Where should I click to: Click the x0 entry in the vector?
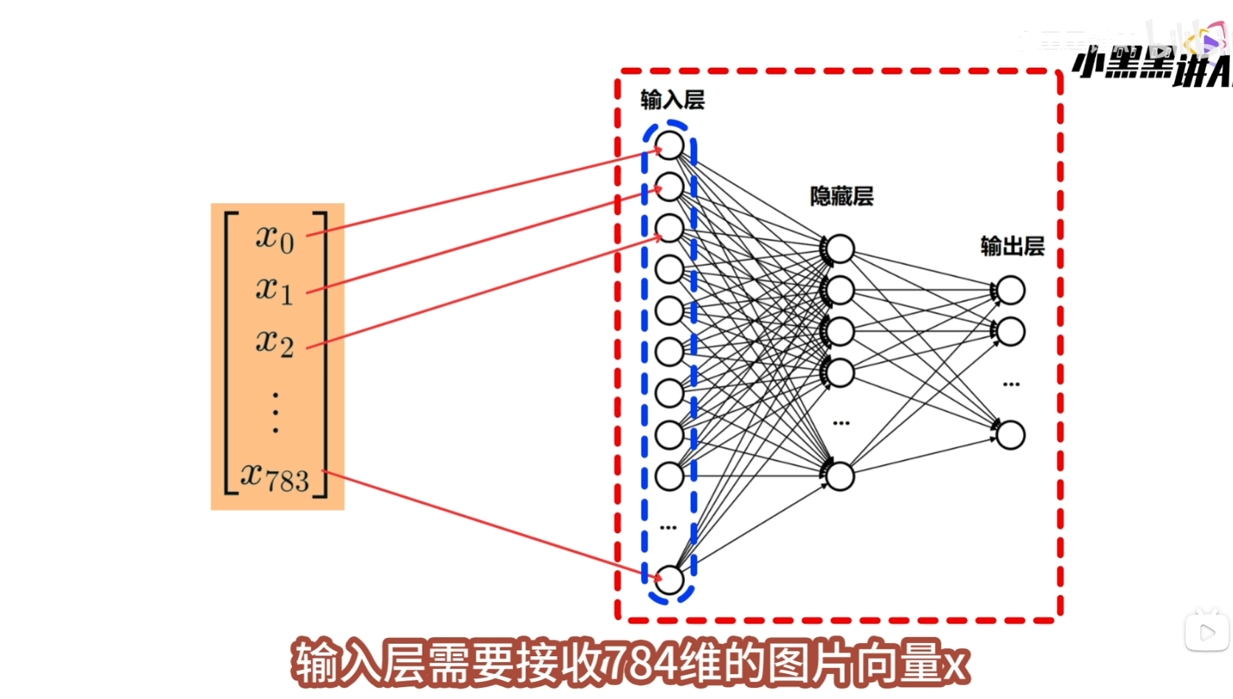click(x=275, y=238)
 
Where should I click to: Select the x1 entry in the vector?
click(x=274, y=290)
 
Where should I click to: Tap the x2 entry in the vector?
click(x=274, y=342)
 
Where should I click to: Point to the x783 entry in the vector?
click(x=275, y=478)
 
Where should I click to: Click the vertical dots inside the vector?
click(x=276, y=412)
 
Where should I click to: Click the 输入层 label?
click(x=672, y=100)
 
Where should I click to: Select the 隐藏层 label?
click(x=841, y=196)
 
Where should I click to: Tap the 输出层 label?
click(x=1013, y=246)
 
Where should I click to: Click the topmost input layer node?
click(x=670, y=145)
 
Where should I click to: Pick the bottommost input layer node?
click(x=670, y=580)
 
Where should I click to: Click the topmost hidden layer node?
click(x=840, y=249)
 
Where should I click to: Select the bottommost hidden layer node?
click(x=840, y=476)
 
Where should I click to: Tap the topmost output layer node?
click(x=1011, y=291)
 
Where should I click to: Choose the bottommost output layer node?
click(x=1011, y=435)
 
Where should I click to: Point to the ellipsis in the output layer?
click(x=1011, y=384)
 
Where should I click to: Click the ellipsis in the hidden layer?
click(x=841, y=423)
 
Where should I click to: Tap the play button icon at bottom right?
click(x=1207, y=633)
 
